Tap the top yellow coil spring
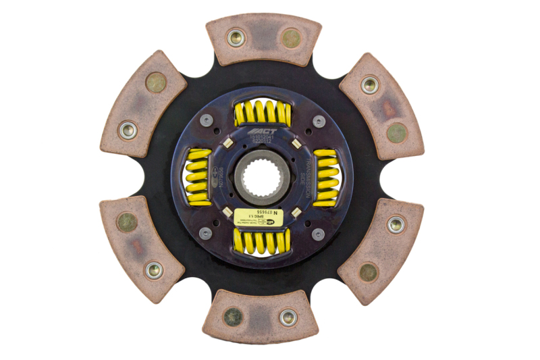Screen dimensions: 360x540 click(263, 113)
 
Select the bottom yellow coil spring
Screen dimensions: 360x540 click(263, 240)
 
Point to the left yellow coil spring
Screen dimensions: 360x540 click(199, 177)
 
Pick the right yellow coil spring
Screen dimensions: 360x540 click(326, 177)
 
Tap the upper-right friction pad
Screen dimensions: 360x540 click(381, 105)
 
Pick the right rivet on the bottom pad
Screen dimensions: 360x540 click(288, 316)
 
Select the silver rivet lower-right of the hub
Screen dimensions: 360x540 click(318, 233)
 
